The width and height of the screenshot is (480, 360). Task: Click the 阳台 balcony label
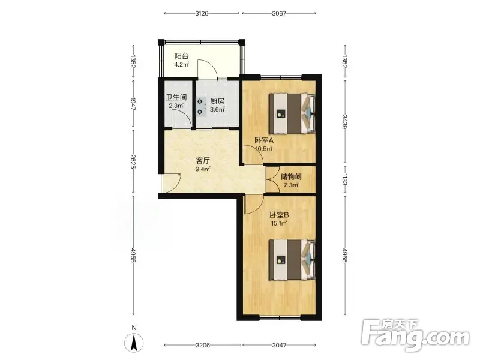coord(181,56)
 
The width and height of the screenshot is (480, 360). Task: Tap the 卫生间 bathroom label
coord(176,97)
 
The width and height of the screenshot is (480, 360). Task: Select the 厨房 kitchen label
coord(217,101)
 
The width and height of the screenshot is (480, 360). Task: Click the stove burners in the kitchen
coord(200,106)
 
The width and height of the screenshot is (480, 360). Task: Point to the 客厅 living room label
coord(203,161)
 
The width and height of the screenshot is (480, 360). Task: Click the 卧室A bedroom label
coord(264,140)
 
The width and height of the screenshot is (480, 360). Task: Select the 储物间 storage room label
coord(291,176)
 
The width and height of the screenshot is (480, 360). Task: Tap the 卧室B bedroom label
coord(279,215)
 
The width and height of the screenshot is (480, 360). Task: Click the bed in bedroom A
coord(292,113)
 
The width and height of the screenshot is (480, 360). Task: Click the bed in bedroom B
coord(292,260)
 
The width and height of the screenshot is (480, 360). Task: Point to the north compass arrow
coord(134,342)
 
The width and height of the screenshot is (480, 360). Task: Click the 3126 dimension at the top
coord(202,13)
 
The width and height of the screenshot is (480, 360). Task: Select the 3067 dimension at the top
coord(279,13)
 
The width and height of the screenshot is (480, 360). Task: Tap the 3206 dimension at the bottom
coord(203,345)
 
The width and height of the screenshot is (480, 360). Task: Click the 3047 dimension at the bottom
coord(279,345)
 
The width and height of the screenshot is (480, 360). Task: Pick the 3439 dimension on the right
coord(344,122)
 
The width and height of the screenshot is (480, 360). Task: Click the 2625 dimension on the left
coord(133,161)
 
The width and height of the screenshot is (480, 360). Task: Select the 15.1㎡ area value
coord(279,223)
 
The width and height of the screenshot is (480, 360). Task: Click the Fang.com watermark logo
coord(415,335)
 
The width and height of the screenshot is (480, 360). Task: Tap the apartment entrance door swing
coord(172,183)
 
